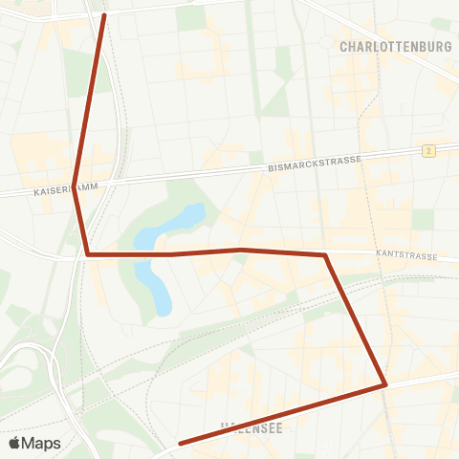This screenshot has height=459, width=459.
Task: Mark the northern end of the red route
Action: click(103, 15)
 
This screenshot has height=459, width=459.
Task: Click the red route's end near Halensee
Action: click(181, 443)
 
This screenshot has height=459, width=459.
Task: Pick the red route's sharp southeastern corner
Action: click(384, 384)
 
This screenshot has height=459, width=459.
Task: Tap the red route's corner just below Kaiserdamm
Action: click(88, 254)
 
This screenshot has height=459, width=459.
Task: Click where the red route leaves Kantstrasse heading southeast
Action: click(326, 255)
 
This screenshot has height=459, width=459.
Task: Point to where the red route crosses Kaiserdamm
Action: click(76, 184)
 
